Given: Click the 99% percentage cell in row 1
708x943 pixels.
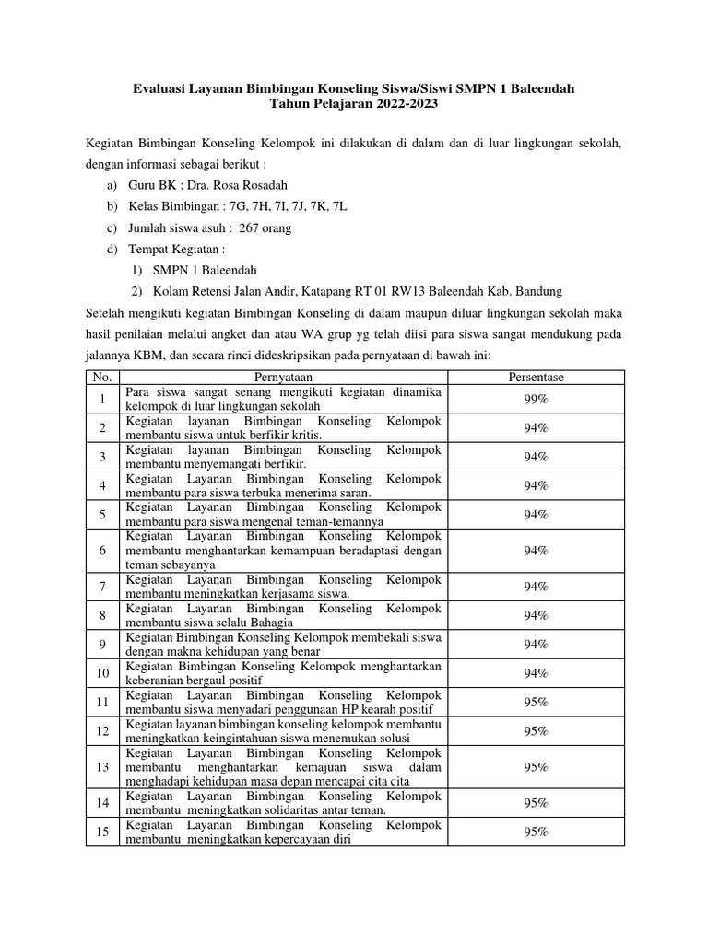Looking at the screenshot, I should [x=536, y=399].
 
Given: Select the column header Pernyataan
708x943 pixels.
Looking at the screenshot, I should [x=284, y=378].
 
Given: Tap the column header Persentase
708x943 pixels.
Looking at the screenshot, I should [x=536, y=378].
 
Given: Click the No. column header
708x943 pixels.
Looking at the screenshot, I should [x=101, y=378].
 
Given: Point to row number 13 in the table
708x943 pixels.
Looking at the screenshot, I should [x=101, y=767].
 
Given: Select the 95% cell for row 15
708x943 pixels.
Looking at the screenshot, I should [x=536, y=832].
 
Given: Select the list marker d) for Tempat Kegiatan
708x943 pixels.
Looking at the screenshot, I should [x=112, y=250].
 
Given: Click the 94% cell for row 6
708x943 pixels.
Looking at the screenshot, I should [x=536, y=551].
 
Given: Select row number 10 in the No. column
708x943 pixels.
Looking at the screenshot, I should [x=101, y=673].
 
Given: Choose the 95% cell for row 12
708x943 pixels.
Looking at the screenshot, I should [x=536, y=731].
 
